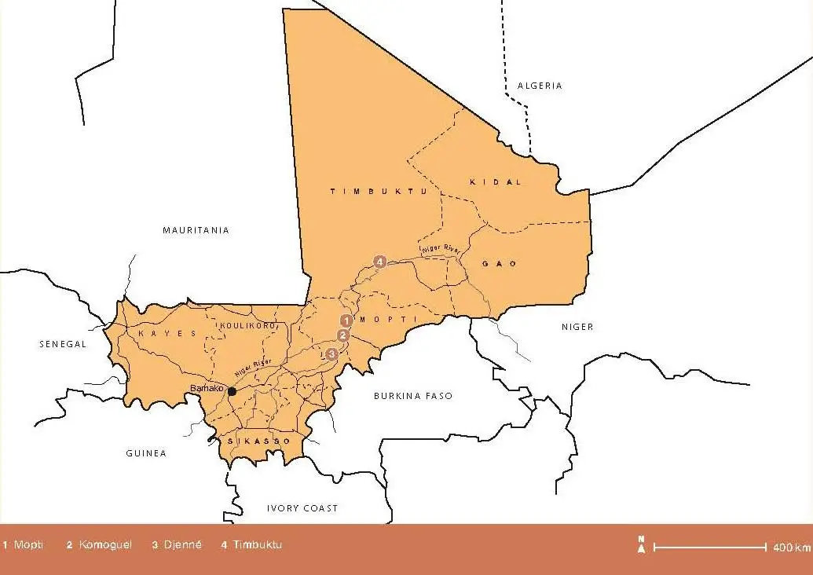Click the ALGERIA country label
tap(540, 86)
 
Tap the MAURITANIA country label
tap(196, 230)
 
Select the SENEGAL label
tap(62, 344)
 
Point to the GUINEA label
tap(146, 453)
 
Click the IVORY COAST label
tap(302, 508)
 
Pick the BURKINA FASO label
tap(413, 396)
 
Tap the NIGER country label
tap(577, 327)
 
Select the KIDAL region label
tap(495, 181)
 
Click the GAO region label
tap(500, 264)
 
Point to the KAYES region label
tap(167, 334)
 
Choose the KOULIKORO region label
tap(244, 325)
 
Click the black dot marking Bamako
tap(232, 391)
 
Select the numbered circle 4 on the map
tap(380, 262)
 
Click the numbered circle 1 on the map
tap(345, 320)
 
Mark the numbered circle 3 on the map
tap(332, 354)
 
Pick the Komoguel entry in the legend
tap(100, 545)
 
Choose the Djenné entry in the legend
tap(177, 545)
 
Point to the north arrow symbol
tap(641, 544)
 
